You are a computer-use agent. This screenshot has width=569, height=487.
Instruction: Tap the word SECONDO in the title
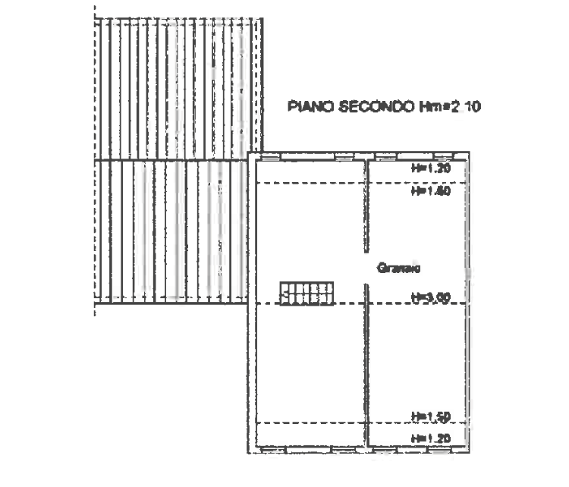[375, 106]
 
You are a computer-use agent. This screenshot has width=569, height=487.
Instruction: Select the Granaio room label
[399, 268]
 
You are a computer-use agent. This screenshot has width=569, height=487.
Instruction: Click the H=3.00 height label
[432, 298]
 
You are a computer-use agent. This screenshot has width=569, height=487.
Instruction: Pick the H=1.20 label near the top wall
[432, 168]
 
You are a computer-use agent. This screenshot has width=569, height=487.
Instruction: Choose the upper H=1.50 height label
[432, 191]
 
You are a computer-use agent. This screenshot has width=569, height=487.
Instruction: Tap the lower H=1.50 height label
[432, 416]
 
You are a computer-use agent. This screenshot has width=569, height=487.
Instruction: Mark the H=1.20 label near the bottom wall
[432, 438]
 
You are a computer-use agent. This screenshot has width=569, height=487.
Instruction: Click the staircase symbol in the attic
[307, 294]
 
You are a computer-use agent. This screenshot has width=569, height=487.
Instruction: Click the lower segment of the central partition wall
[366, 364]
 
